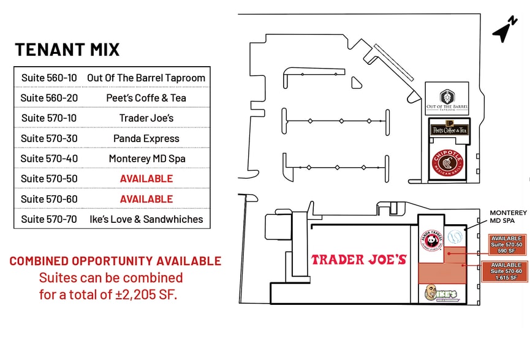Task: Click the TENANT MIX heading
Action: [67, 50]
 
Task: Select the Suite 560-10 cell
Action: [49, 78]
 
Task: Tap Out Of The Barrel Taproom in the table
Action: [146, 78]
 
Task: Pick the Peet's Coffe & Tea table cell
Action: [146, 98]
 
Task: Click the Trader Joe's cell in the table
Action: [146, 118]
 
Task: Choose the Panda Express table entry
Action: [146, 138]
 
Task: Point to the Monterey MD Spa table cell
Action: [146, 159]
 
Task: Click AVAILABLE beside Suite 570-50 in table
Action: [146, 179]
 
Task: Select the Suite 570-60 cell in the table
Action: [49, 199]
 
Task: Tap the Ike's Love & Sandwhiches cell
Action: [146, 219]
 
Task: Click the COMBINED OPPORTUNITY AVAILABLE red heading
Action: [115, 261]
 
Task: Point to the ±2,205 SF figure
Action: [150, 295]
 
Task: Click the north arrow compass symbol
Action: [504, 31]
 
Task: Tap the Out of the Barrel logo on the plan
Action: [447, 100]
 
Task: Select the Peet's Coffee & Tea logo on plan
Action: [449, 129]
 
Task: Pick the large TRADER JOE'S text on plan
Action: [358, 260]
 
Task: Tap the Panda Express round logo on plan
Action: [431, 240]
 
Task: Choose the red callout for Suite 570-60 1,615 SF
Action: [506, 271]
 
